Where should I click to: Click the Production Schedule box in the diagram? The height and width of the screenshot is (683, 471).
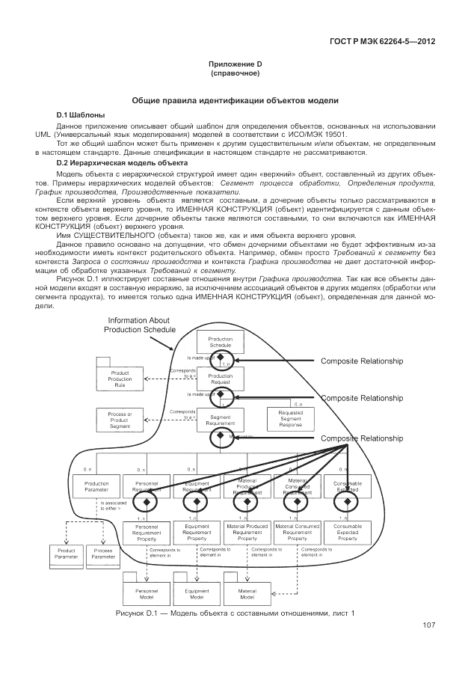(x=221, y=342)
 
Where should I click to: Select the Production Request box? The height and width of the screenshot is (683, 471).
(x=221, y=379)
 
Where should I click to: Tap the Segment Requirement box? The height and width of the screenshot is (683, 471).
(x=221, y=420)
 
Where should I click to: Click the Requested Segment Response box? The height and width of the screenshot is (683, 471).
(x=290, y=420)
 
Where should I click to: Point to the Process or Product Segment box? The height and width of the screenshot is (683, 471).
(x=120, y=420)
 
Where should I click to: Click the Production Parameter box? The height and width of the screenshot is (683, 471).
(x=96, y=487)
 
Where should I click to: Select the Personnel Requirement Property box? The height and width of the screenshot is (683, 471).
(x=146, y=533)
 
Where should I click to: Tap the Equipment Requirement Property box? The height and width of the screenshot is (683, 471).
(x=197, y=533)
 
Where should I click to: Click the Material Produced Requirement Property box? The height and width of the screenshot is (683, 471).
(x=247, y=533)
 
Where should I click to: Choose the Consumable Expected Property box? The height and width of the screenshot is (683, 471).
(x=348, y=533)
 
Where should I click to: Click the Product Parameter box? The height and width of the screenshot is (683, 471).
(x=63, y=554)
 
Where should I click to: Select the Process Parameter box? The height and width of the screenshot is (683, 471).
(x=103, y=554)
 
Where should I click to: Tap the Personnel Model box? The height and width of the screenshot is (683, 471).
(x=146, y=595)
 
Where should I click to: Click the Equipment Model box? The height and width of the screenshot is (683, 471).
(x=197, y=595)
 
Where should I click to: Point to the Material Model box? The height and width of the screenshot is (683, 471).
(x=247, y=595)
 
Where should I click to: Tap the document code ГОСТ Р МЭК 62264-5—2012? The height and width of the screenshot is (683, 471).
(x=384, y=41)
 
